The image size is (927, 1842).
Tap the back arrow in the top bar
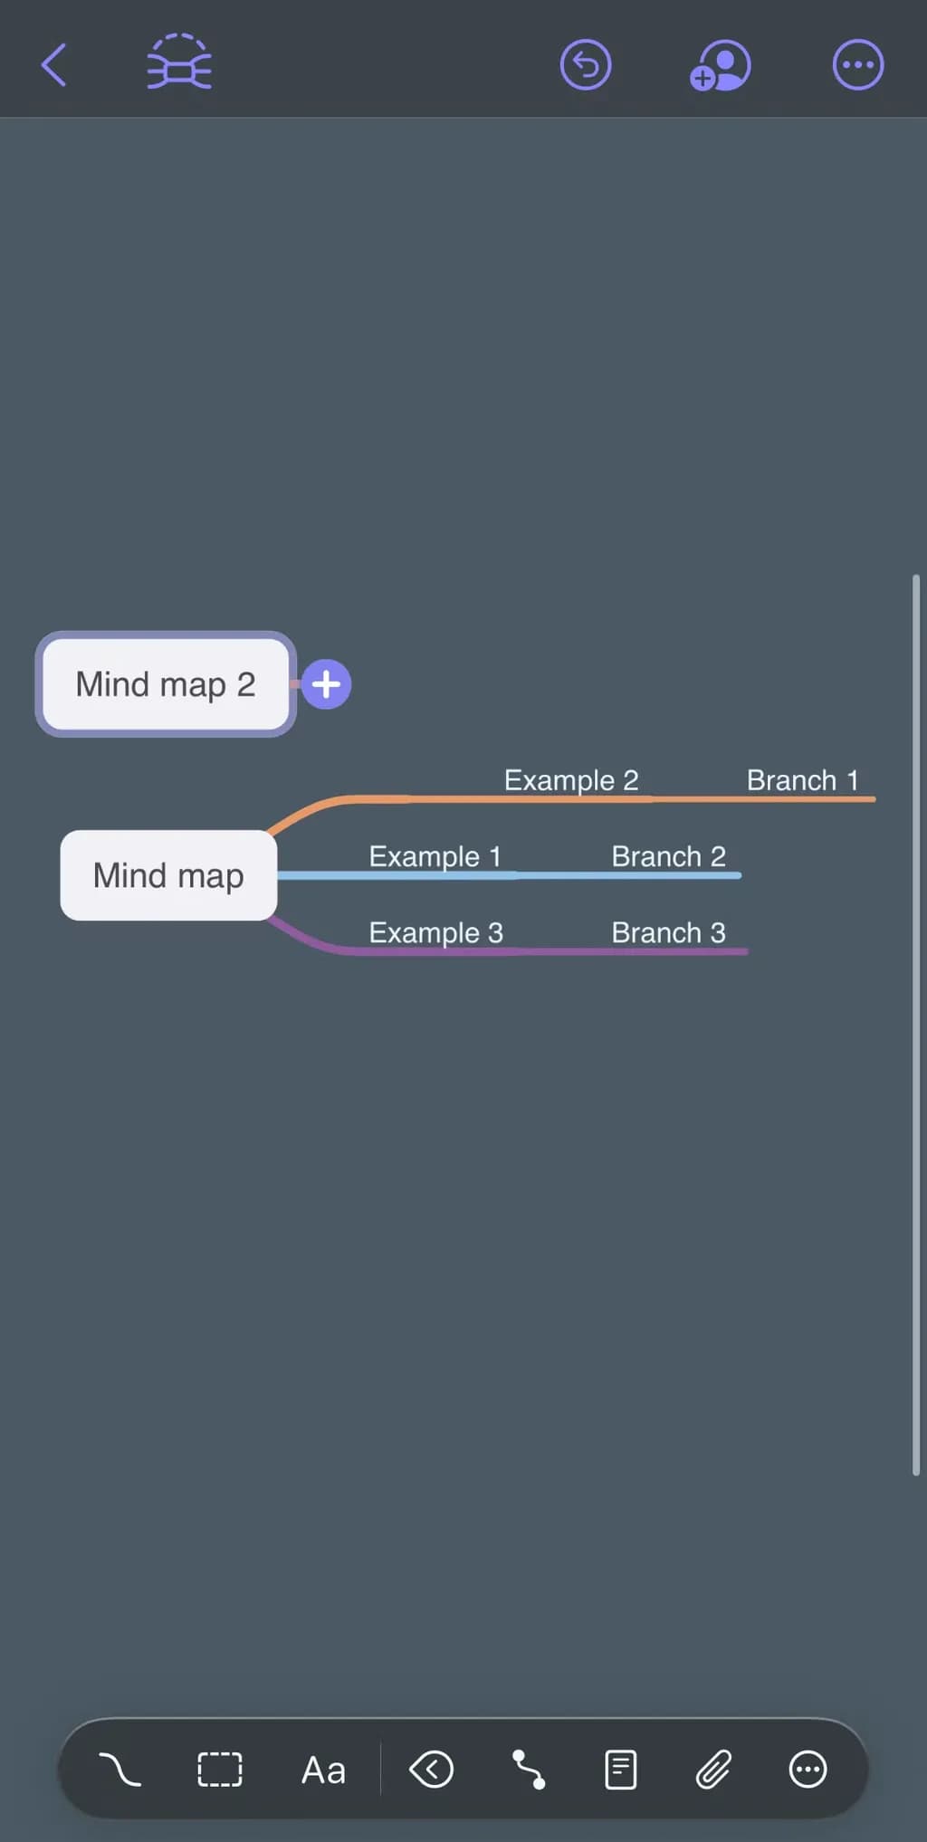coord(54,65)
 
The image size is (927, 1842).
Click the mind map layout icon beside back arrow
coord(179,63)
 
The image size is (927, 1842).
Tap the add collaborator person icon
coord(721,65)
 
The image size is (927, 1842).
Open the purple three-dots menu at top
coord(857,65)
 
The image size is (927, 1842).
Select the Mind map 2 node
coord(166,684)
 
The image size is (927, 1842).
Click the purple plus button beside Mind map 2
coord(326,684)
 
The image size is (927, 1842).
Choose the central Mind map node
coord(168,875)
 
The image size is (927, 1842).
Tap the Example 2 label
coord(571,780)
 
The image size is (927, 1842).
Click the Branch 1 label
coord(802,780)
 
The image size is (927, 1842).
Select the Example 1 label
coord(435,856)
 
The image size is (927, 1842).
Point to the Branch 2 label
coord(668,856)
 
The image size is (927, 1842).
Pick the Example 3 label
coord(435,932)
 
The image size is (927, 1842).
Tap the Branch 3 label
coord(668,932)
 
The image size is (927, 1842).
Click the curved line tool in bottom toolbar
coord(119,1769)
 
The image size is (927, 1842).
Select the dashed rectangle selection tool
coord(220,1769)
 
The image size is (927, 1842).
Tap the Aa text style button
coord(323,1770)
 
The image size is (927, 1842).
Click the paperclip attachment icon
coord(713,1769)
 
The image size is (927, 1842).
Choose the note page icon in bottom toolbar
coord(620,1769)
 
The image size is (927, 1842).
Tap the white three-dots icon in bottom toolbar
coord(808,1769)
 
